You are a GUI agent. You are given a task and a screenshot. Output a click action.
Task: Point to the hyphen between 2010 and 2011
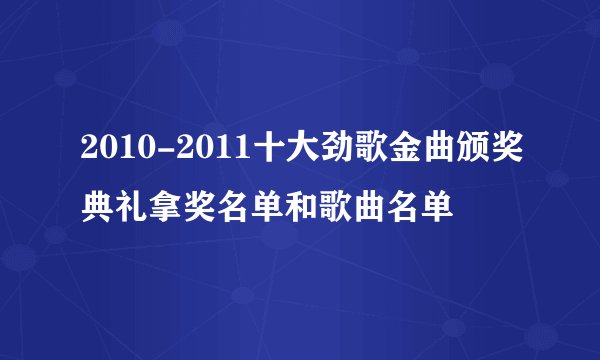click(x=161, y=152)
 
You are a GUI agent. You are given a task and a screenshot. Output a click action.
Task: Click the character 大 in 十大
click(x=296, y=151)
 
